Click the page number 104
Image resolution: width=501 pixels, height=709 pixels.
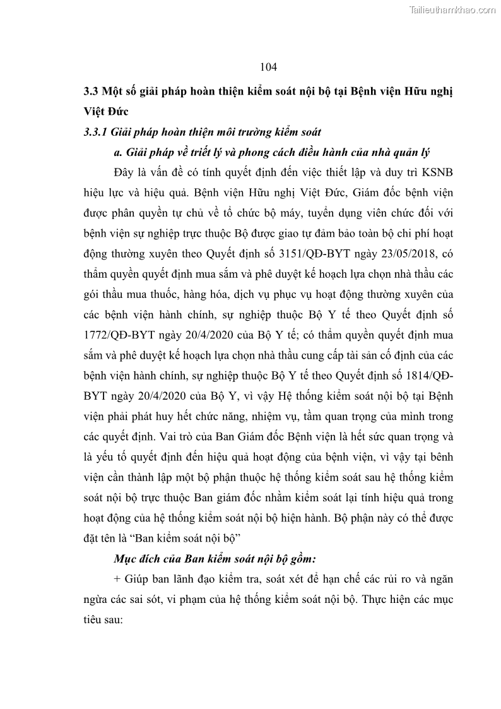pos(268,66)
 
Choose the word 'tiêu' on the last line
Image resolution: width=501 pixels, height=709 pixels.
pos(95,620)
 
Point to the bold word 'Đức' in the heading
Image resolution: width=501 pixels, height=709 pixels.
pos(115,112)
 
